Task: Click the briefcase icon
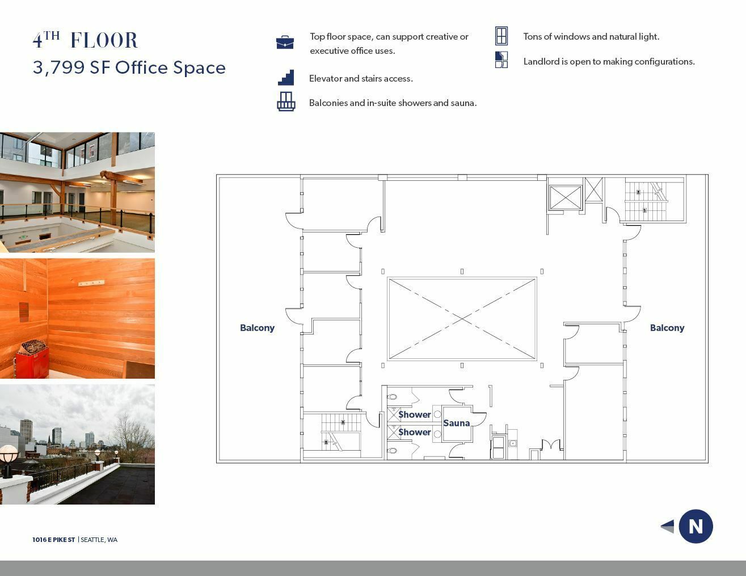click(285, 42)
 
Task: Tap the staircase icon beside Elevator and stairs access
click(286, 77)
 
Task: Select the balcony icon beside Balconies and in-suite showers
click(286, 101)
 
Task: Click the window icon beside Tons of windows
click(501, 36)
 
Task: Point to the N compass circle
click(696, 526)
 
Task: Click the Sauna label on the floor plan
click(456, 423)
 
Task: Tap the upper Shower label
click(414, 414)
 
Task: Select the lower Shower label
click(414, 432)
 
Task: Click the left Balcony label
click(257, 328)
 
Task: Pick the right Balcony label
click(667, 328)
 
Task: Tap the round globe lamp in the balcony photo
click(9, 454)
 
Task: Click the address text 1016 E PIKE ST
click(53, 540)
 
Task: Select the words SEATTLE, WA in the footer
click(99, 540)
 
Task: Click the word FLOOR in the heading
click(104, 40)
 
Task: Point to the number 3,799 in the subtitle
click(58, 67)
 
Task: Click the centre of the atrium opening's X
click(462, 319)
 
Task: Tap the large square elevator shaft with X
click(565, 197)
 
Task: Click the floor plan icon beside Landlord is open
click(501, 60)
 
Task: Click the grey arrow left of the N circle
click(667, 526)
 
